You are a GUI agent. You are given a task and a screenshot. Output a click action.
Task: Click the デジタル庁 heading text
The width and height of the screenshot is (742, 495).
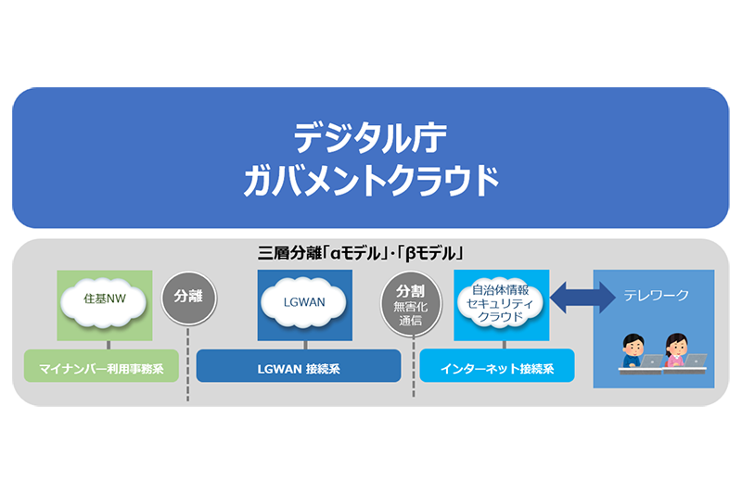click(x=370, y=138)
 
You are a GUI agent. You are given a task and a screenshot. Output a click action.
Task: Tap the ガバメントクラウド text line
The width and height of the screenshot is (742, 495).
click(x=371, y=181)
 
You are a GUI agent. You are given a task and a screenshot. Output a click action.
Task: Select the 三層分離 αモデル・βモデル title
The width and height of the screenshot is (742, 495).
click(x=361, y=253)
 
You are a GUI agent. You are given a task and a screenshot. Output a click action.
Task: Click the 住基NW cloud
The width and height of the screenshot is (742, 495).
click(x=104, y=300)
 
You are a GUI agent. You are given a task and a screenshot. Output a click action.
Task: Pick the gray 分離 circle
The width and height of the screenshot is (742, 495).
click(x=189, y=298)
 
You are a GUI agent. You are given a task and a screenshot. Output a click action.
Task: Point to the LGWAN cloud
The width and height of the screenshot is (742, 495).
click(x=304, y=302)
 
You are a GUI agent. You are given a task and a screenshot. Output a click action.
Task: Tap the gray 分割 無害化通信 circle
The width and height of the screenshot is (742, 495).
click(x=411, y=303)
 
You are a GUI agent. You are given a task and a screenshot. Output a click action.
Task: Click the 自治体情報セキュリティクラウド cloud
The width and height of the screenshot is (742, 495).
click(x=500, y=303)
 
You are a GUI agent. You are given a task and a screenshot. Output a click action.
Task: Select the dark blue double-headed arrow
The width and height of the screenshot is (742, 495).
click(x=582, y=298)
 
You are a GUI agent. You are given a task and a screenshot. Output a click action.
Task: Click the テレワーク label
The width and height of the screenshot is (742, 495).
click(x=656, y=296)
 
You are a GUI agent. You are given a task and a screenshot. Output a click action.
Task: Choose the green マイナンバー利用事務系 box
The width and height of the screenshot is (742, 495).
click(x=101, y=366)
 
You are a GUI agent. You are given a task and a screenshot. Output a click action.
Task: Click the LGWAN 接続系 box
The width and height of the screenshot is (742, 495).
click(x=299, y=366)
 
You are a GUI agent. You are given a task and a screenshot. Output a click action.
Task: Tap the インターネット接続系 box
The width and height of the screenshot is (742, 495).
click(x=497, y=366)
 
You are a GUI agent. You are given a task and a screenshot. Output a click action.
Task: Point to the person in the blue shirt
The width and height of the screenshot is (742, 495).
click(x=633, y=350)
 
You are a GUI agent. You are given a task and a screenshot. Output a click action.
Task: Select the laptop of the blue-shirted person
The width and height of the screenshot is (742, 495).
click(x=652, y=362)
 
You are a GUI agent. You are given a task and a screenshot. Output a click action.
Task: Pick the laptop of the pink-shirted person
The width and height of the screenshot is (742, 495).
click(x=695, y=361)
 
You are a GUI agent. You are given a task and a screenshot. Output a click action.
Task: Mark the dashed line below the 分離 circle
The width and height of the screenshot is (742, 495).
click(x=188, y=363)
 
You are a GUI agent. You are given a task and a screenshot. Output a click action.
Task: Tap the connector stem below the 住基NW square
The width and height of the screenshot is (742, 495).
click(x=109, y=345)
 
